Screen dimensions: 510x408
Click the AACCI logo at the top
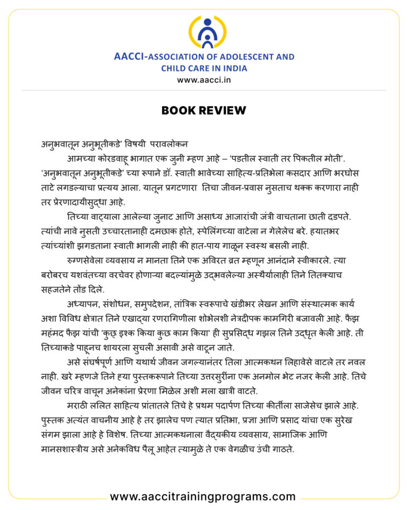(x=204, y=33)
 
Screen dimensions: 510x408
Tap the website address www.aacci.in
(x=204, y=80)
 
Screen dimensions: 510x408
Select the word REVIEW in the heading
(x=223, y=110)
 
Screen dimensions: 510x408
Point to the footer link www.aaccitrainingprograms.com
(x=202, y=497)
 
